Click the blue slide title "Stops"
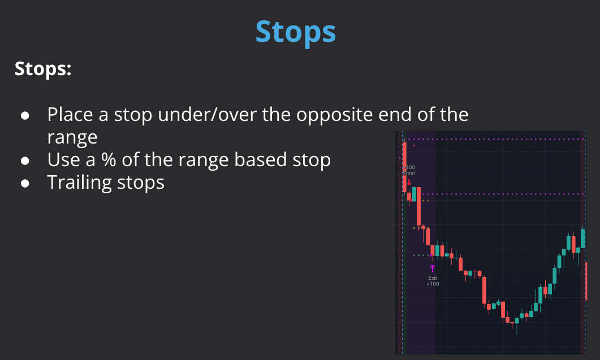[296, 32]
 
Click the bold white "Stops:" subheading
[43, 70]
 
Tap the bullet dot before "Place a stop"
[25, 115]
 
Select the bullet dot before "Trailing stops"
[25, 183]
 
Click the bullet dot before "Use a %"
[25, 161]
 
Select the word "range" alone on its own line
[72, 137]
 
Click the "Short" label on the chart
[409, 174]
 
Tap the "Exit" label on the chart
[433, 277]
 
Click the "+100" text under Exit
[433, 284]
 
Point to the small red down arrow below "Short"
[409, 183]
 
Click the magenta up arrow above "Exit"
[433, 268]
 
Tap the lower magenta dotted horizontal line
[503, 194]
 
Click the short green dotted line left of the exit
[421, 255]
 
